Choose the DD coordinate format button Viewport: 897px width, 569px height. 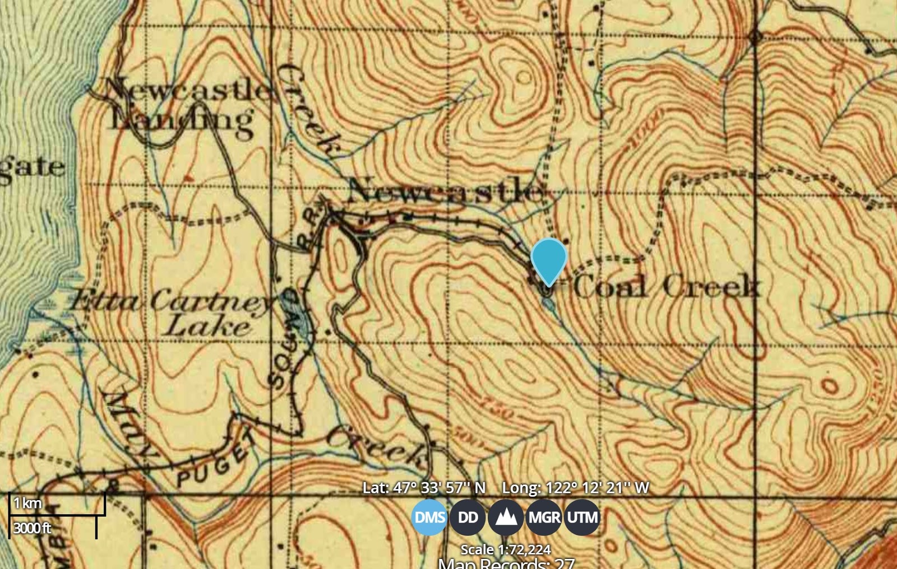(x=468, y=517)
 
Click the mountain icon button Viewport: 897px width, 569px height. (x=506, y=517)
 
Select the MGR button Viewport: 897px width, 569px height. (x=544, y=517)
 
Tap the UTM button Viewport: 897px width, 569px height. (x=582, y=517)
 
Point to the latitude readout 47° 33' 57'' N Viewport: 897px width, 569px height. (x=424, y=488)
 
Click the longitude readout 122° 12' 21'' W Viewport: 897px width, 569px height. (x=575, y=488)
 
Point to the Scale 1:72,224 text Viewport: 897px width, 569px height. (x=505, y=549)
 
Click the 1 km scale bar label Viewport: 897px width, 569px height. (x=27, y=503)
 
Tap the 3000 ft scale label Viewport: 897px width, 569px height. (x=32, y=528)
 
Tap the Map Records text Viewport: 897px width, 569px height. (x=505, y=563)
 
